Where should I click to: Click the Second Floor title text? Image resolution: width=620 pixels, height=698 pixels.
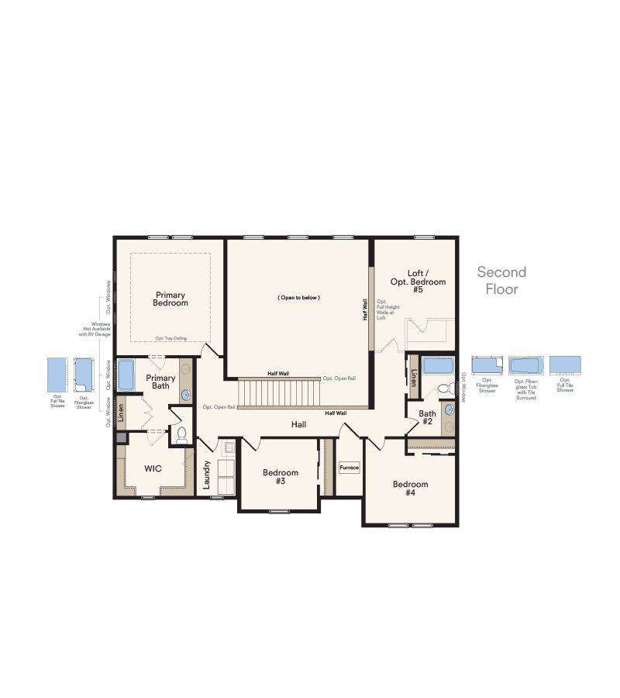(501, 281)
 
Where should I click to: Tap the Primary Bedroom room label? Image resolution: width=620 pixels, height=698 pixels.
(171, 299)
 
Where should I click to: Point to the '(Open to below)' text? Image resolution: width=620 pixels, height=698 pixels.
(298, 298)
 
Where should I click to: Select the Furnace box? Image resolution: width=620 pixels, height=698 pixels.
(349, 468)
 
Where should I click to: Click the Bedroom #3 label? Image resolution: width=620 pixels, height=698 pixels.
(280, 476)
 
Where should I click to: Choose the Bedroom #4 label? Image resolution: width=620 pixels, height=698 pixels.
(410, 489)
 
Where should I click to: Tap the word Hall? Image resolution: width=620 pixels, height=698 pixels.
(298, 424)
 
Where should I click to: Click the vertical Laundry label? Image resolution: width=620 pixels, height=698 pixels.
(207, 473)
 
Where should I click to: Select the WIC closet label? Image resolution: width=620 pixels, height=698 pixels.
(153, 469)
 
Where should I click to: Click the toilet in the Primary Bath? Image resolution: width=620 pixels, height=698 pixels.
(182, 434)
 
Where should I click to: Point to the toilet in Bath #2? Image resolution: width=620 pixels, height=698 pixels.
(444, 389)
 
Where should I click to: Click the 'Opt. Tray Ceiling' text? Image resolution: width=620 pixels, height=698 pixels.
(170, 337)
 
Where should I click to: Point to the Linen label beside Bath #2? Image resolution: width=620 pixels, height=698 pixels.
(414, 379)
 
